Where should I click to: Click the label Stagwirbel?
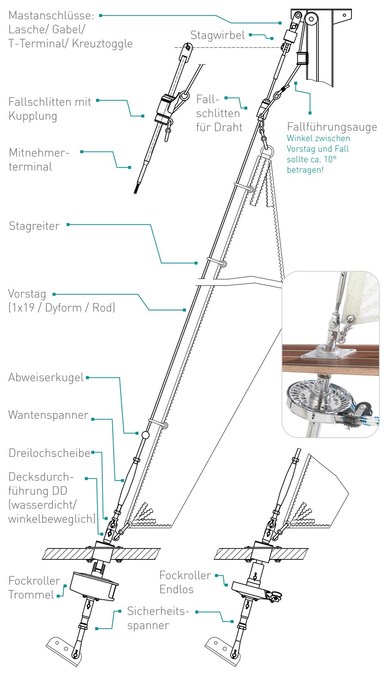coord(217,35)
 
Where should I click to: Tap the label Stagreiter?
coord(34,226)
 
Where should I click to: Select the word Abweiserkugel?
coord(46,378)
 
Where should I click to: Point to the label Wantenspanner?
coord(48,415)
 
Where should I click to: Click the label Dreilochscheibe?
coord(49,453)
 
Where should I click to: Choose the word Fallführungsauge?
coord(332,127)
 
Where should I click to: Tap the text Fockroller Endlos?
coord(185,582)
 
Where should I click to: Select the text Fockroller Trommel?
coord(34,588)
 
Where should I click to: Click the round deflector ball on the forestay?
coord(145,435)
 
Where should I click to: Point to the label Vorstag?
coord(27,294)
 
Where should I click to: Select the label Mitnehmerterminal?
coord(39,160)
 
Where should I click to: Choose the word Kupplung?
coord(33,116)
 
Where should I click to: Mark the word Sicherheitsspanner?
coord(158,618)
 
